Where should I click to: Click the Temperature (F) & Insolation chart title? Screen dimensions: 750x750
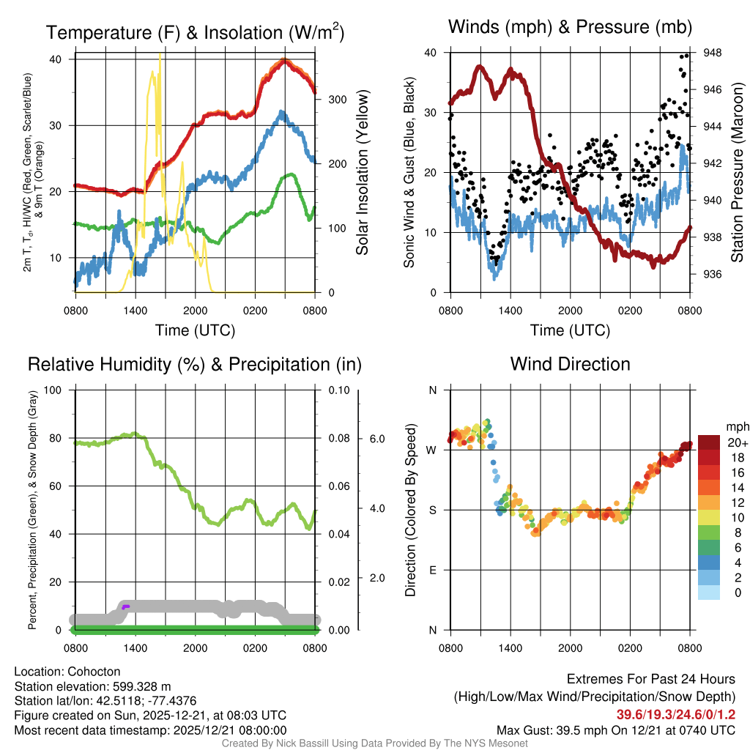[195, 33]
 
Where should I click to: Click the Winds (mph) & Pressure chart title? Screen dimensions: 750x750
[571, 28]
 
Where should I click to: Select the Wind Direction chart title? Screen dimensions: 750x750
[570, 364]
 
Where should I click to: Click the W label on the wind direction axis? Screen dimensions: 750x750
[432, 450]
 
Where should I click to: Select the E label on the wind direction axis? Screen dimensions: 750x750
[432, 570]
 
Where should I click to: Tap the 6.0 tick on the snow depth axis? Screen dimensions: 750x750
[376, 439]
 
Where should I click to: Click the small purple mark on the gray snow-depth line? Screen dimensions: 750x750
[125, 606]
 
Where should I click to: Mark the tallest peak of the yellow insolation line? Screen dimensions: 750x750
[160, 54]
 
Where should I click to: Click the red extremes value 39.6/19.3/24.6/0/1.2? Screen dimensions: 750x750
[675, 715]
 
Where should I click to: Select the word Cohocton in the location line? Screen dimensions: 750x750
[92, 672]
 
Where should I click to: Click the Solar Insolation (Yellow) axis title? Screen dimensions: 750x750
[362, 173]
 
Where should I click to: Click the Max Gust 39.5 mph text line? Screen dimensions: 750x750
[615, 729]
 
